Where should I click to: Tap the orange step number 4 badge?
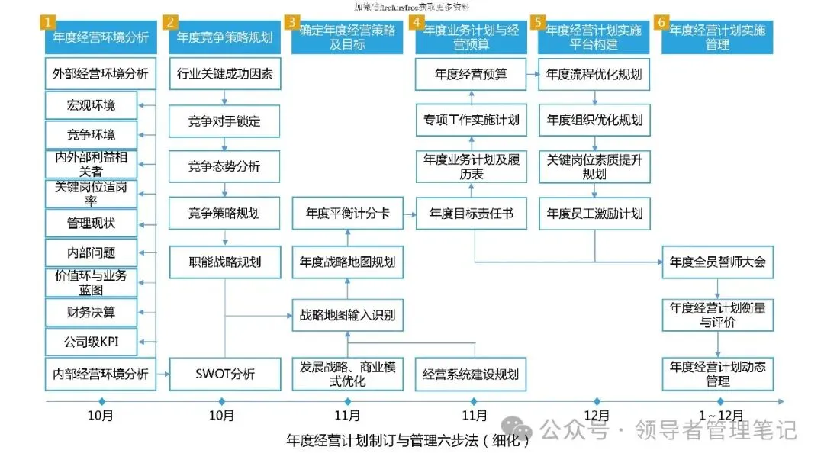pos(417,22)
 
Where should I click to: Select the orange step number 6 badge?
pos(663,22)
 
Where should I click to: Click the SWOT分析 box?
pos(224,374)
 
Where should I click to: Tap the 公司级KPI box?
pos(92,341)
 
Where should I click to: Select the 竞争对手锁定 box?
pos(224,121)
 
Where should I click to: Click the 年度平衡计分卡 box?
pos(348,214)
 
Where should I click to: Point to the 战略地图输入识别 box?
pos(348,315)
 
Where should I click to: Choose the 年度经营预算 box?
pos(471,75)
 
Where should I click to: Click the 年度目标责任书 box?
pos(471,214)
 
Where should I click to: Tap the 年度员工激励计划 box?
pos(594,214)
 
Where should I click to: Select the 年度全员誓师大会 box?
pos(717,262)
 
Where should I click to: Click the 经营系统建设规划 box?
pos(471,374)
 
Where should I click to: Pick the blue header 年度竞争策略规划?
pos(224,36)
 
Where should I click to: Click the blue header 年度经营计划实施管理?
pos(717,36)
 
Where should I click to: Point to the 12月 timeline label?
pos(597,416)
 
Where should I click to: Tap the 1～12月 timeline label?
pos(717,416)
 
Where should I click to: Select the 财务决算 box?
pos(92,311)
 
